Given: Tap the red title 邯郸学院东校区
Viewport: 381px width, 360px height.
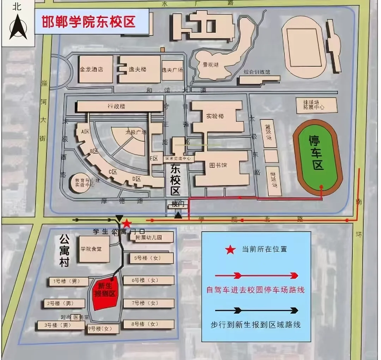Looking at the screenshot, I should coord(89,22).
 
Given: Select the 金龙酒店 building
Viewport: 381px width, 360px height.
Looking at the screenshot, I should coord(91,69).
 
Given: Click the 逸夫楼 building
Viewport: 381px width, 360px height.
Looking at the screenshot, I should coord(139,69).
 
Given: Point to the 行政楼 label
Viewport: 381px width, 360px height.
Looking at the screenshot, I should coord(116,106).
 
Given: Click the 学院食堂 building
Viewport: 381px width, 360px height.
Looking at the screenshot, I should coord(91,249).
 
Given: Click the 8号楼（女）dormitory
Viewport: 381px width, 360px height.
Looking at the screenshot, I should coord(149,324).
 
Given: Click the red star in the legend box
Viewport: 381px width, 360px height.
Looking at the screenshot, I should coord(230,250).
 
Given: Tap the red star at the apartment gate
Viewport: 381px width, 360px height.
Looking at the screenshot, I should coord(127,224).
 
